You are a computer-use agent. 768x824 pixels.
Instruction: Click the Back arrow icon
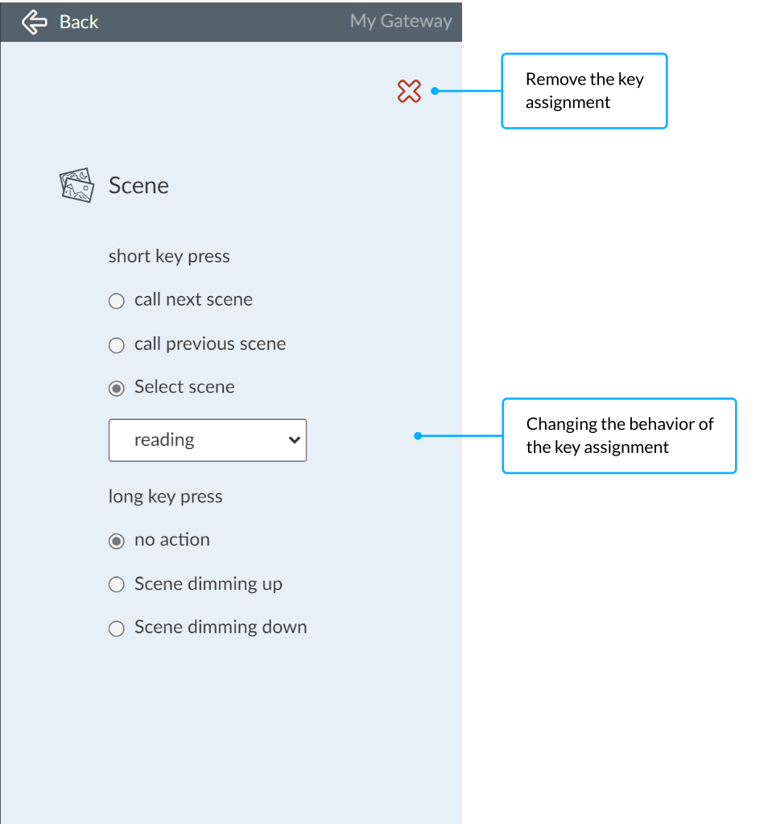[x=35, y=22]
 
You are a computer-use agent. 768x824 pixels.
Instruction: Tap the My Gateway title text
[x=401, y=22]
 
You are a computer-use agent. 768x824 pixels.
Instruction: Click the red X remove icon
[x=409, y=91]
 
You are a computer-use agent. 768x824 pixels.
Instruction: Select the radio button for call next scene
[x=116, y=301]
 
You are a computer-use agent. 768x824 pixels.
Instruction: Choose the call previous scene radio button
[x=116, y=345]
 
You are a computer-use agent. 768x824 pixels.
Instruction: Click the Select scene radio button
[x=116, y=389]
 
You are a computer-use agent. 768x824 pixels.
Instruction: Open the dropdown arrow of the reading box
[x=295, y=440]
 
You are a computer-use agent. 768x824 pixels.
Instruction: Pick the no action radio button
[x=116, y=542]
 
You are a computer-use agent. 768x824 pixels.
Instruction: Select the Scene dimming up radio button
[x=116, y=584]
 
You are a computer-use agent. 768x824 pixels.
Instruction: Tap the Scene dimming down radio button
[x=116, y=628]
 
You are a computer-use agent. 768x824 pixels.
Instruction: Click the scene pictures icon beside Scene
[x=76, y=185]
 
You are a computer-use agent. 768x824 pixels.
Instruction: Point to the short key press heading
[x=169, y=257]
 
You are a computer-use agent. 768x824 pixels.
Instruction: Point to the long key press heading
[x=165, y=496]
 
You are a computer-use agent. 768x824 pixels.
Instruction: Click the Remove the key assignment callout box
[x=584, y=91]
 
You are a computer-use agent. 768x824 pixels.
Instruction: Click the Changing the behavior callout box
[x=619, y=435]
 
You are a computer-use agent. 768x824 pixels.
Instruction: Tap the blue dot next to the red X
[x=435, y=91]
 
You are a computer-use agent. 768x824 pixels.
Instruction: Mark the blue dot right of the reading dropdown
[x=418, y=435]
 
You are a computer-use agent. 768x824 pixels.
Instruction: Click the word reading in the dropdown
[x=164, y=440]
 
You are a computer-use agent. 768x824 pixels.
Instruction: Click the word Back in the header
[x=79, y=22]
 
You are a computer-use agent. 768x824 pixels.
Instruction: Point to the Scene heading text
[x=138, y=186]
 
